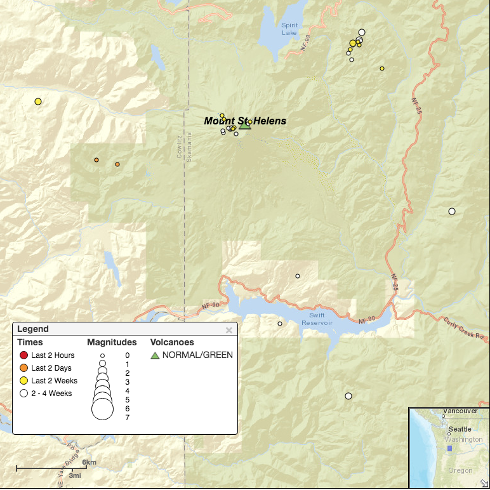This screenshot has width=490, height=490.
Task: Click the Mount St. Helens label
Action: pyautogui.click(x=245, y=121)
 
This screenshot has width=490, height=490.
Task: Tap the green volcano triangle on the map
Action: pyautogui.click(x=245, y=125)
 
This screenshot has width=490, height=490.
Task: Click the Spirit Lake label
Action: pyautogui.click(x=289, y=29)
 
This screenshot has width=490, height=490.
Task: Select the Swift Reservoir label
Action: pyautogui.click(x=317, y=319)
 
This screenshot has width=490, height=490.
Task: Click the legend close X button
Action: pyautogui.click(x=229, y=330)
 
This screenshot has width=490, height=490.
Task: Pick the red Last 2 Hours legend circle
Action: pyautogui.click(x=24, y=355)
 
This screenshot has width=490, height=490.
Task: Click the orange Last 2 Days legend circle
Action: pyautogui.click(x=24, y=368)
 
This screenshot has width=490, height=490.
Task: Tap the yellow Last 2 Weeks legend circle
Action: pyautogui.click(x=24, y=381)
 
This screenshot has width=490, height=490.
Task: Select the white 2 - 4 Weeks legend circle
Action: pyautogui.click(x=24, y=394)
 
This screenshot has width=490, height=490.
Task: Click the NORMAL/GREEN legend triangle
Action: pyautogui.click(x=156, y=355)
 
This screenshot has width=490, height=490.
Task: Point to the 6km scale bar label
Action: pyautogui.click(x=89, y=462)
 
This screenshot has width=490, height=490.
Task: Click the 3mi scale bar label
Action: pyautogui.click(x=75, y=475)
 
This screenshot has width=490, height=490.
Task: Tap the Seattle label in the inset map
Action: pyautogui.click(x=460, y=430)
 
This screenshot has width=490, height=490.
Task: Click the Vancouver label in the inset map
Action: pyautogui.click(x=460, y=411)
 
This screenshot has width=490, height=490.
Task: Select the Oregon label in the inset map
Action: pyautogui.click(x=460, y=470)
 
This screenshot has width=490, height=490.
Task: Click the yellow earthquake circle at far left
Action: pyautogui.click(x=38, y=102)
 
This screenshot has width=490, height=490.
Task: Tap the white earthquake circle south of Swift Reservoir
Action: pyautogui.click(x=348, y=396)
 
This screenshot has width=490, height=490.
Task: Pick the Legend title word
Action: pyautogui.click(x=32, y=329)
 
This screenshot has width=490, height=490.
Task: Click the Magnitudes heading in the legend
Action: pyautogui.click(x=112, y=342)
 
